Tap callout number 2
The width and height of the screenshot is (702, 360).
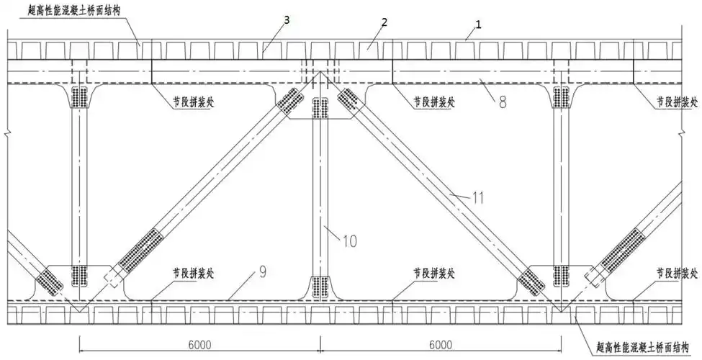click(x=384, y=22)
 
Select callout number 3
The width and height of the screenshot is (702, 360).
click(x=287, y=20)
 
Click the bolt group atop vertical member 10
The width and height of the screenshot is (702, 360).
click(x=318, y=109)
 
